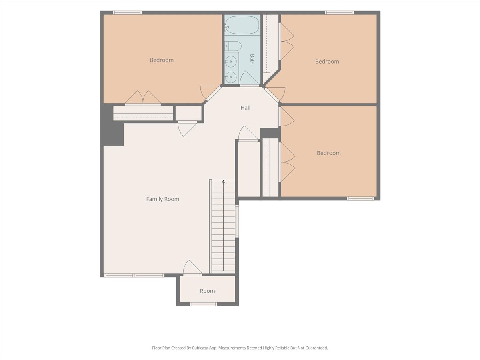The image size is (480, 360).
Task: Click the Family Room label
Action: [x=163, y=199]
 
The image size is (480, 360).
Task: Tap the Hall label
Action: [x=245, y=108]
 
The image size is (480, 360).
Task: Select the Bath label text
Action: [x=252, y=59]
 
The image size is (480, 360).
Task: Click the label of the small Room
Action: [x=207, y=291]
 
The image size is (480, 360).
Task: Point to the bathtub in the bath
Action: [x=242, y=25]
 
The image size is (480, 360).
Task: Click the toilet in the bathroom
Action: [x=233, y=46]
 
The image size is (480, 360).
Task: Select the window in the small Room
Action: [x=204, y=304]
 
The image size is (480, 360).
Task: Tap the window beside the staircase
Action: [x=237, y=221]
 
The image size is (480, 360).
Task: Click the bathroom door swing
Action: [x=249, y=78]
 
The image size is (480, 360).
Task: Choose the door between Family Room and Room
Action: [x=192, y=268]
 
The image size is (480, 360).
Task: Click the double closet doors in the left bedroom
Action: [x=143, y=98]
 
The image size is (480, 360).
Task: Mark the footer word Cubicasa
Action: [x=200, y=348]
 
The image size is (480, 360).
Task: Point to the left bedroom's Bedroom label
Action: [x=162, y=60]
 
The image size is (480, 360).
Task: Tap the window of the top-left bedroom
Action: [x=127, y=13]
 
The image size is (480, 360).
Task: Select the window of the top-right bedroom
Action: [x=339, y=13]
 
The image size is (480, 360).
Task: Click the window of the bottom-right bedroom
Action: [x=361, y=198]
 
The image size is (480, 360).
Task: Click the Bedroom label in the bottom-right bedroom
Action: [x=329, y=153]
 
